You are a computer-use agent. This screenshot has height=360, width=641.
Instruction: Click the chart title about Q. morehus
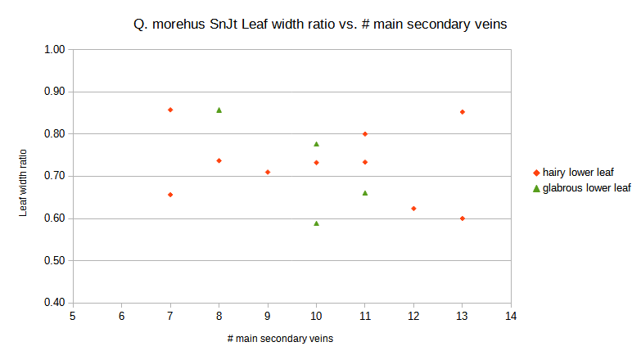click(x=320, y=24)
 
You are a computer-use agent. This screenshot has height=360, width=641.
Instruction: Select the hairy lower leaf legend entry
click(x=577, y=172)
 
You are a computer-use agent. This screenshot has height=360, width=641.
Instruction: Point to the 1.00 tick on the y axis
click(x=54, y=49)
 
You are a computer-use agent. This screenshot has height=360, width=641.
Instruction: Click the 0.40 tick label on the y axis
click(x=54, y=303)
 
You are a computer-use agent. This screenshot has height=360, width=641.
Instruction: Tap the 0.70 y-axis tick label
click(x=54, y=176)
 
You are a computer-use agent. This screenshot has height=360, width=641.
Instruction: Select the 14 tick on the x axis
click(x=511, y=316)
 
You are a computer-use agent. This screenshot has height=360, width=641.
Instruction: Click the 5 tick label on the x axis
click(x=73, y=316)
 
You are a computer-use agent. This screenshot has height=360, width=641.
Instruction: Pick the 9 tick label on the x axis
click(x=268, y=316)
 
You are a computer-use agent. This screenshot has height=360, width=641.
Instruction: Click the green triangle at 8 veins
click(x=219, y=110)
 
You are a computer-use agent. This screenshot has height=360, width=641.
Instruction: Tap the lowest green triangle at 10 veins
click(x=316, y=223)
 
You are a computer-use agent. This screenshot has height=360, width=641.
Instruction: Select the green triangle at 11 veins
click(x=365, y=193)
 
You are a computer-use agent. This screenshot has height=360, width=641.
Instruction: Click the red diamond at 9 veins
click(x=268, y=172)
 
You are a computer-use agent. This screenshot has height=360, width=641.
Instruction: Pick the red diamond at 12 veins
click(x=413, y=209)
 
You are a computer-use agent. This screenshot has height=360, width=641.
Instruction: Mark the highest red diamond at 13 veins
click(x=463, y=112)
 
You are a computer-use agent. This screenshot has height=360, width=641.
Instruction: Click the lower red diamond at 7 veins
click(x=170, y=195)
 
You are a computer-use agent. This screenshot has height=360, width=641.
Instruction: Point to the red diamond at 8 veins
click(x=219, y=160)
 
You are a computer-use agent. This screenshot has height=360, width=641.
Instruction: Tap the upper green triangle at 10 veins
click(x=316, y=144)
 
